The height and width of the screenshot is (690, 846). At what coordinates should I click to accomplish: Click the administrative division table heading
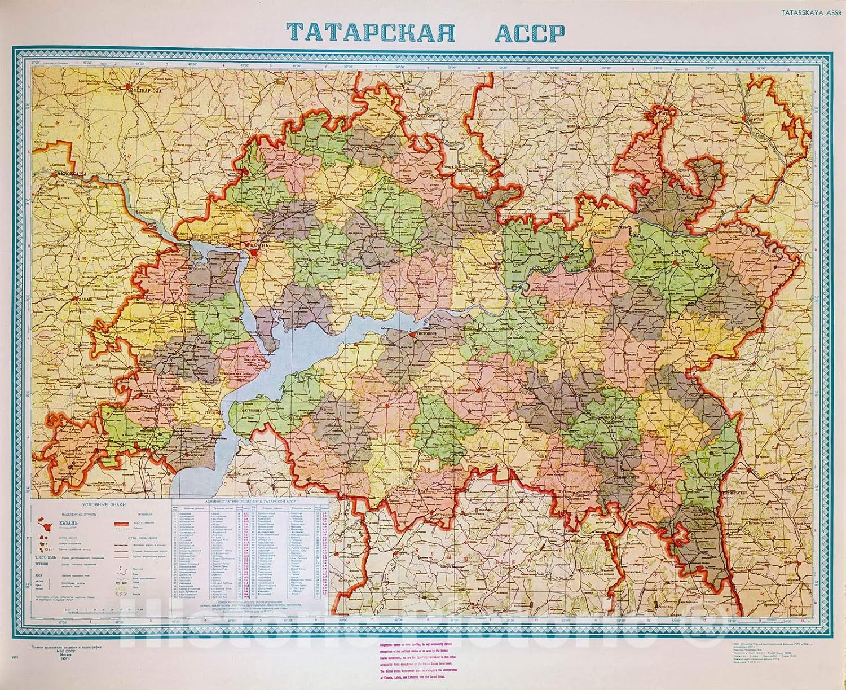pos(251,502)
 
